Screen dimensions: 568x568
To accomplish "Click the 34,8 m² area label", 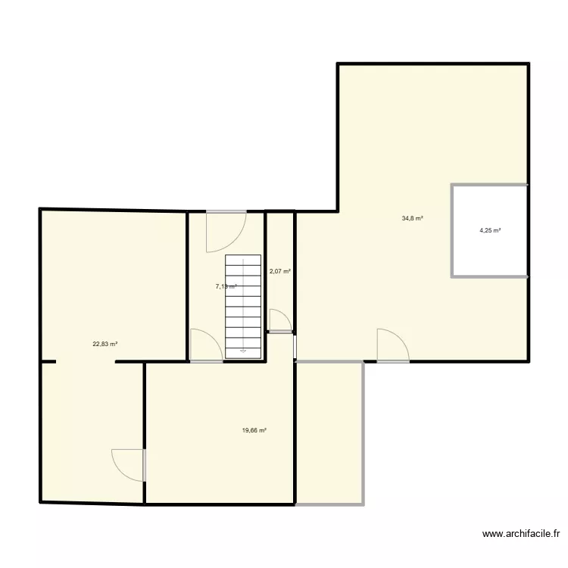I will [x=412, y=219].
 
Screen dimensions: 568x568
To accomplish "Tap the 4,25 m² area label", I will [x=490, y=231].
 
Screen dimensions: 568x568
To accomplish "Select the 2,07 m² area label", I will [x=279, y=271].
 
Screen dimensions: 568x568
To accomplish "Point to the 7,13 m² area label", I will [x=226, y=286].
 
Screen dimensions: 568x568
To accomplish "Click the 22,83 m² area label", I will [x=105, y=344].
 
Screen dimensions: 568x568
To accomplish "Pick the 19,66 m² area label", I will [x=254, y=430].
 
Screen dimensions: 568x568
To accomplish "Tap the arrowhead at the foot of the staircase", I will [x=242, y=351].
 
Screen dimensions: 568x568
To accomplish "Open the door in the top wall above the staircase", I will [x=226, y=230].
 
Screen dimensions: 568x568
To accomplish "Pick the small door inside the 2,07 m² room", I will [x=279, y=322].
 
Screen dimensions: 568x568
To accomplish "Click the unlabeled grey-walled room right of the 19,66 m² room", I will [x=329, y=432].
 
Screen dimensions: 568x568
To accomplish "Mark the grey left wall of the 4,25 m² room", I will [x=452, y=231].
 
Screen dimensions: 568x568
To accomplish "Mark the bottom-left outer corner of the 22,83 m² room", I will [x=41, y=501].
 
